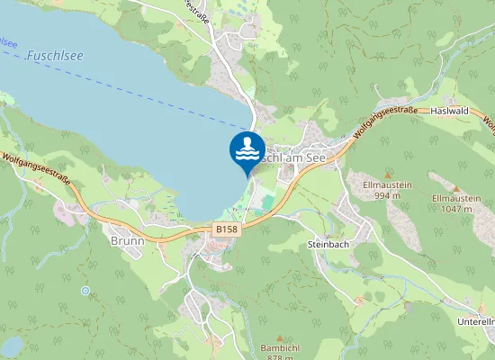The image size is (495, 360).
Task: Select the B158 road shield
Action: coord(228,230)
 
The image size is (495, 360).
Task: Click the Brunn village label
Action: coord(127,241)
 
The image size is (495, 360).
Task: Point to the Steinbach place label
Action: coord(327,243)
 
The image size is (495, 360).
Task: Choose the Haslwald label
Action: coord(452,110)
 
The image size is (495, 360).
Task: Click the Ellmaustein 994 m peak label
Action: coord(387,190)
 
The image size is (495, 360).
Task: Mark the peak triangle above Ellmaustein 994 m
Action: coord(387,175)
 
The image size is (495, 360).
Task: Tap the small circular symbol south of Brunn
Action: coord(85,291)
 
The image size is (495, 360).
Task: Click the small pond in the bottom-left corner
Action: coord(12,346)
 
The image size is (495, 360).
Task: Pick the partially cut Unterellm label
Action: coord(476,321)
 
